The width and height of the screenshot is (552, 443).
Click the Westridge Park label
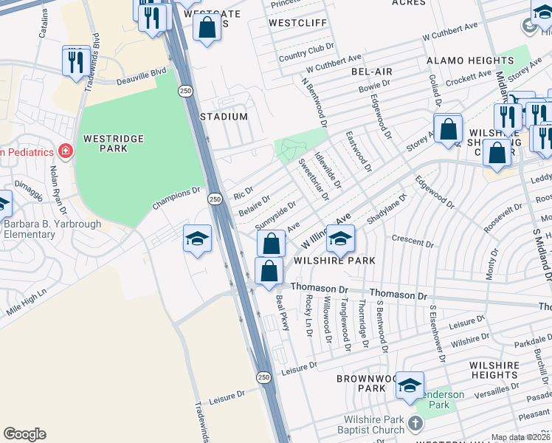tap(105, 142)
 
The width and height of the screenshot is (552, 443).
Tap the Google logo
tap(24, 434)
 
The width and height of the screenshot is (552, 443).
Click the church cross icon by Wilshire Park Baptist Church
tap(415, 424)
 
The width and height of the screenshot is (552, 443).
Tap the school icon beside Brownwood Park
tap(410, 385)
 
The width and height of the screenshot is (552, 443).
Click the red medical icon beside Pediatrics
tap(66, 151)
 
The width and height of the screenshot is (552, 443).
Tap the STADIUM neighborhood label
tap(224, 117)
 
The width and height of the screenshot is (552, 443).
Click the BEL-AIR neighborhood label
tap(371, 72)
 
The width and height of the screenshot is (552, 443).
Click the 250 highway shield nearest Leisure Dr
tap(263, 377)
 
